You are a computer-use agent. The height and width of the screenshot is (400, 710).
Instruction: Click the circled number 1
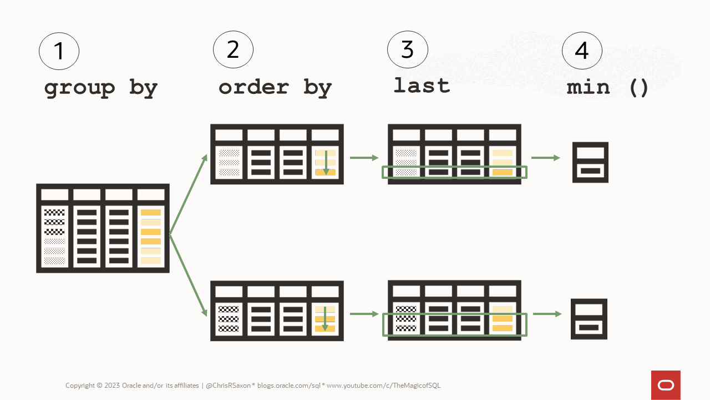(59, 51)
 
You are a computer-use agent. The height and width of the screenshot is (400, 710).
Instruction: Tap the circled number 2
(233, 50)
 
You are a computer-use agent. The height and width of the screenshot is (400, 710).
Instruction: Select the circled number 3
(407, 50)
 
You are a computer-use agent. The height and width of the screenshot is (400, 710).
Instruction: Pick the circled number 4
(581, 51)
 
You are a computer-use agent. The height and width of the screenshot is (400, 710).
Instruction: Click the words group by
(101, 88)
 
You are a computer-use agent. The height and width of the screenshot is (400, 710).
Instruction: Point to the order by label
(275, 87)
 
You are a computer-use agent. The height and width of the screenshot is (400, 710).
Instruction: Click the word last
(422, 86)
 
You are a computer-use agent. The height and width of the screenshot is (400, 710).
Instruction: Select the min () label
(607, 87)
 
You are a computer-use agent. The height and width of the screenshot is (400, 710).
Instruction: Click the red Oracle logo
(666, 385)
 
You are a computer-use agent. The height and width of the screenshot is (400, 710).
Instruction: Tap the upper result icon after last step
(590, 162)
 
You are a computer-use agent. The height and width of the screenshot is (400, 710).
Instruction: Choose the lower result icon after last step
(589, 319)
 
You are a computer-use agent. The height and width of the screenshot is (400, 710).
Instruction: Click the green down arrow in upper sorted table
(326, 162)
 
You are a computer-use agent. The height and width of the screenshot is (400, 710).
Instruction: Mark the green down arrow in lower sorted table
(325, 319)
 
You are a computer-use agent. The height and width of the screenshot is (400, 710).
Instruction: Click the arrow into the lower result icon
(546, 314)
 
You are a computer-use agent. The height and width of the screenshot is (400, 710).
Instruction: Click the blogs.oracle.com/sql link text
(289, 386)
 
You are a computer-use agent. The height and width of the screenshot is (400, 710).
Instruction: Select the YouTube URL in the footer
(383, 386)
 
